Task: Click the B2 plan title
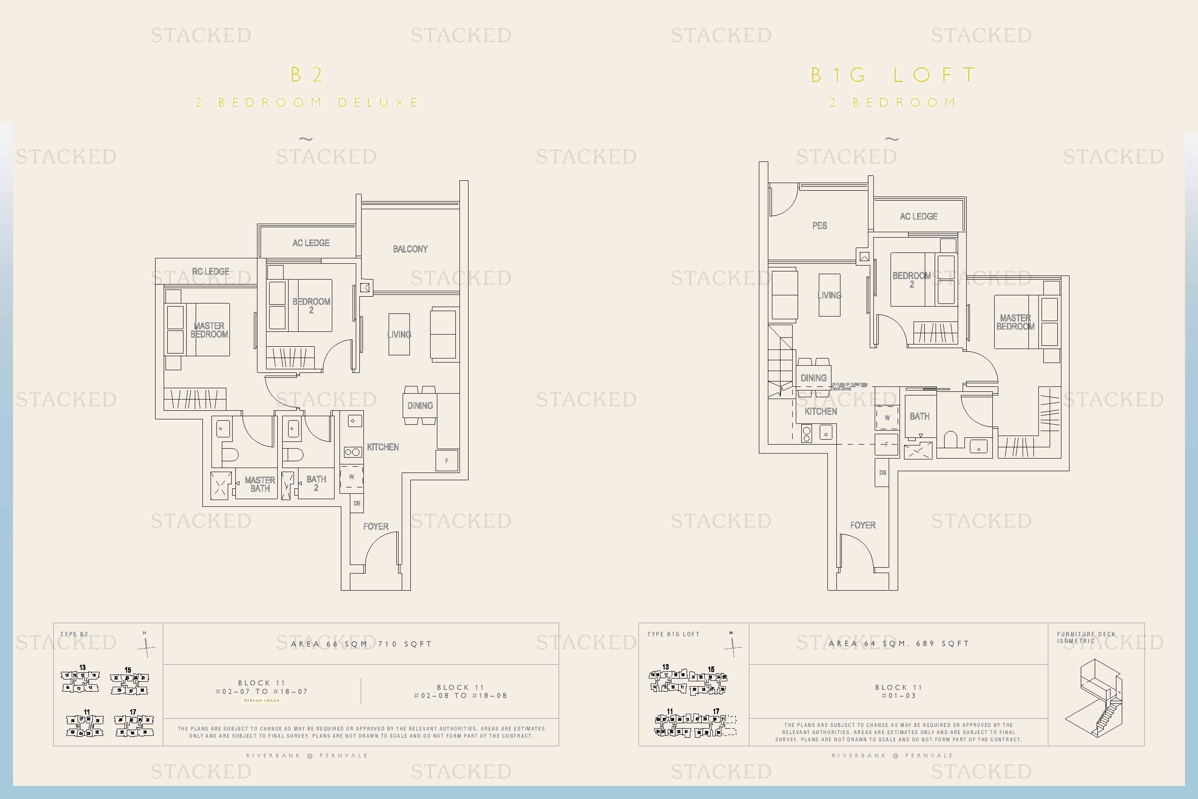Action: [306, 75]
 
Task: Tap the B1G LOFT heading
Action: [893, 75]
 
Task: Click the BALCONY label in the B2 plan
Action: [410, 248]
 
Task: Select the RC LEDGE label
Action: [211, 271]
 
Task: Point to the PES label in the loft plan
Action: [819, 225]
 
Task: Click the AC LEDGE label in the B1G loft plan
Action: [918, 216]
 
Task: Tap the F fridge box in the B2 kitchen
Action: [447, 460]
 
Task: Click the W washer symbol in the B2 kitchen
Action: [352, 477]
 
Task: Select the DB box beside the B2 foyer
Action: [357, 503]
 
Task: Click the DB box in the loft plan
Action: [882, 473]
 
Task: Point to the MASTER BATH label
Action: [259, 483]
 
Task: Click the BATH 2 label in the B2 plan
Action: [316, 482]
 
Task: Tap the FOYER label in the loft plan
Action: [862, 525]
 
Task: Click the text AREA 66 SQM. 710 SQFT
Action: [361, 643]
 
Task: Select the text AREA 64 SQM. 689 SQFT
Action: [898, 643]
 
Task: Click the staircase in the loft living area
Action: [780, 362]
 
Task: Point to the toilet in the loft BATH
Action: [951, 439]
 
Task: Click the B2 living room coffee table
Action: [399, 334]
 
